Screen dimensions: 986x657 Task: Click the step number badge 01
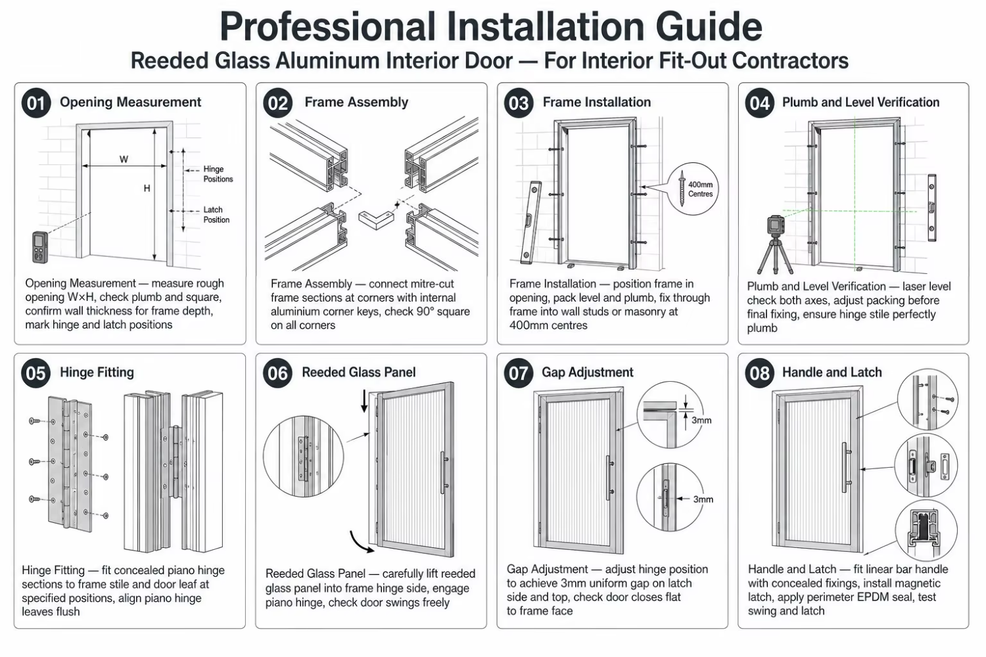36,103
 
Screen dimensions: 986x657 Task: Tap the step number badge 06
277,373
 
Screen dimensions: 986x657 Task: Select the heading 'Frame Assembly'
356,102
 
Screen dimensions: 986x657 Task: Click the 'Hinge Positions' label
218,174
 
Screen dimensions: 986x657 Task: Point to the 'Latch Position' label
216,215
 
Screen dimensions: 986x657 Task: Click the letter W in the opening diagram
124,159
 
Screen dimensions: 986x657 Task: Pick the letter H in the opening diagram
147,189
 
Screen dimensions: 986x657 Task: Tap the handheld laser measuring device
39,247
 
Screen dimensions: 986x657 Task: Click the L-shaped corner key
375,219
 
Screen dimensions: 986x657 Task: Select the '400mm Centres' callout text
700,189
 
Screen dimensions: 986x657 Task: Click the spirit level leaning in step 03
530,222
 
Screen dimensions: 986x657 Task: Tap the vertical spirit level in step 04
932,208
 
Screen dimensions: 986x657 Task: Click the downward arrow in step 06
364,401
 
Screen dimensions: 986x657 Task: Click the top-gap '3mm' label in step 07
701,420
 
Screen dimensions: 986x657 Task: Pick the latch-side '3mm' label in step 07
703,499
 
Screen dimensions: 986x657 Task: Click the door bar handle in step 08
845,467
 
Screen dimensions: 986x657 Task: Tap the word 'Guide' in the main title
709,26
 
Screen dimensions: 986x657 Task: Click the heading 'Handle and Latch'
832,373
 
